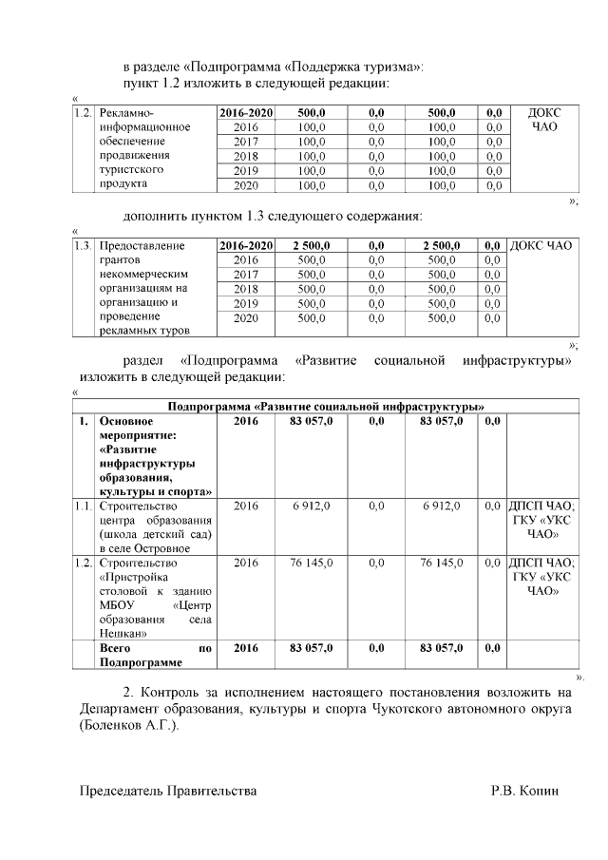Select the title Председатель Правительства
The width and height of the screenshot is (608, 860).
167,791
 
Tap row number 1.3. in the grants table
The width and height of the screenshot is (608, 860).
83,246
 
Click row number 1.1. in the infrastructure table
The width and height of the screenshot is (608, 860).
83,506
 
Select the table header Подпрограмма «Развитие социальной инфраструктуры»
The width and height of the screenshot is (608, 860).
326,406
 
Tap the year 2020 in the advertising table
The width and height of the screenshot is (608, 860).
246,185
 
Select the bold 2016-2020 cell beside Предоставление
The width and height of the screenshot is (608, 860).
246,246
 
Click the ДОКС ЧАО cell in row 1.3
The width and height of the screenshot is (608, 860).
541,246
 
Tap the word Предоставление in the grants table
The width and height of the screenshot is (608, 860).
142,246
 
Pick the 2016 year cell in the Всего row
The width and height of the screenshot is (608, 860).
246,648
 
